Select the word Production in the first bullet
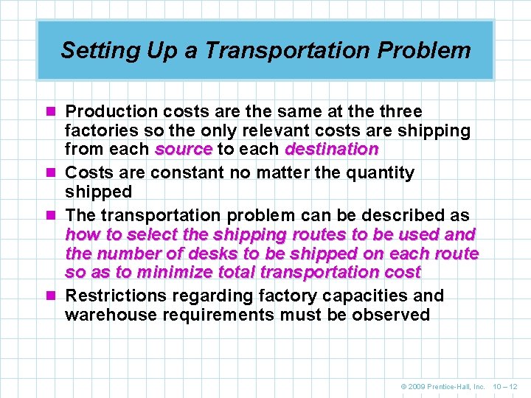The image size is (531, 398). [x=111, y=112]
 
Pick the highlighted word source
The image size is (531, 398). [x=184, y=150]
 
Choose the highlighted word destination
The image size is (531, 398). [x=332, y=150]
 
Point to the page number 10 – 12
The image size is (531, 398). [x=507, y=386]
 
